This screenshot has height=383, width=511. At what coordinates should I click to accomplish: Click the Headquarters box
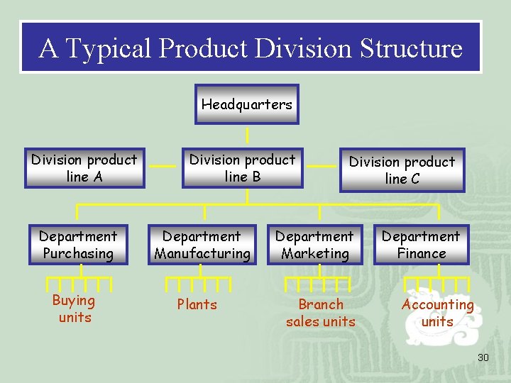click(x=246, y=104)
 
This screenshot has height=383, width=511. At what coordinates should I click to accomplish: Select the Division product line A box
click(x=84, y=168)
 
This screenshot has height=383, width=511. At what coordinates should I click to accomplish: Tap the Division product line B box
click(x=242, y=168)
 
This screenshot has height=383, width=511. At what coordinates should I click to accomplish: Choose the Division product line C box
click(x=402, y=170)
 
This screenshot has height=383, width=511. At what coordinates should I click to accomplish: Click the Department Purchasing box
click(x=78, y=245)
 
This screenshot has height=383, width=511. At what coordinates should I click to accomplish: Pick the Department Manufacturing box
click(x=202, y=245)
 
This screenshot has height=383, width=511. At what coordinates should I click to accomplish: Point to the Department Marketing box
click(x=314, y=245)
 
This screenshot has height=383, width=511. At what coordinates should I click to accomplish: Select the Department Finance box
click(x=421, y=245)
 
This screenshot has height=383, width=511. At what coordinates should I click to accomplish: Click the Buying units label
click(x=74, y=309)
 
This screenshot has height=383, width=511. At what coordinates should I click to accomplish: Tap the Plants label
click(x=197, y=304)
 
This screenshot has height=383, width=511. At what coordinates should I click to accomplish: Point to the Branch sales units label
click(x=321, y=313)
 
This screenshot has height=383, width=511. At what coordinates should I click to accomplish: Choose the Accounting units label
click(x=437, y=313)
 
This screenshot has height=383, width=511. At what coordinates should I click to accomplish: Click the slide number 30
click(x=483, y=357)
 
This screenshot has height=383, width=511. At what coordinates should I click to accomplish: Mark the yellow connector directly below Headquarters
click(x=247, y=135)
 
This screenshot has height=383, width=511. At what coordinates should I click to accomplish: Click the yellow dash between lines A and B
click(x=163, y=166)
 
